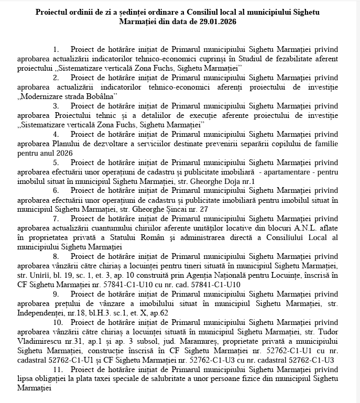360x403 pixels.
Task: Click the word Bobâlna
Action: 100,96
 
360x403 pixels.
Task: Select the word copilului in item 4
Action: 288,144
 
